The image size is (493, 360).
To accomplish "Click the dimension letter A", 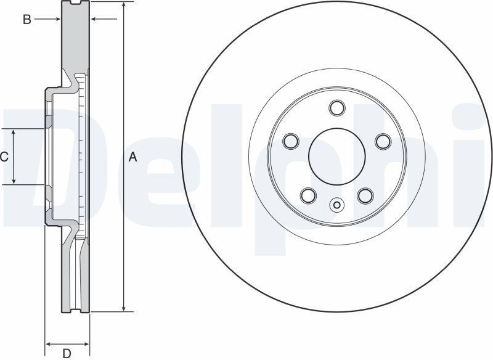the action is coord(133,157).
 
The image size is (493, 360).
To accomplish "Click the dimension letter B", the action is coord(27,20).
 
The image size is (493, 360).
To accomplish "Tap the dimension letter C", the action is coord(4,157).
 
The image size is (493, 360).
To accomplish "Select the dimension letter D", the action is coord(67,354).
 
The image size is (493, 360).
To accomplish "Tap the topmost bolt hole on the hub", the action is coord(337,108).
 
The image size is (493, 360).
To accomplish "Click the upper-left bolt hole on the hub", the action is coord(291,141).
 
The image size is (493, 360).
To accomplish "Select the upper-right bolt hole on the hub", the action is coord(383,141).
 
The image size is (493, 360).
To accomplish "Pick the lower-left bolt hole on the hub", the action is coord(308,195).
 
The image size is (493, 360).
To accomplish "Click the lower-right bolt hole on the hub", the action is coord(365,195).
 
